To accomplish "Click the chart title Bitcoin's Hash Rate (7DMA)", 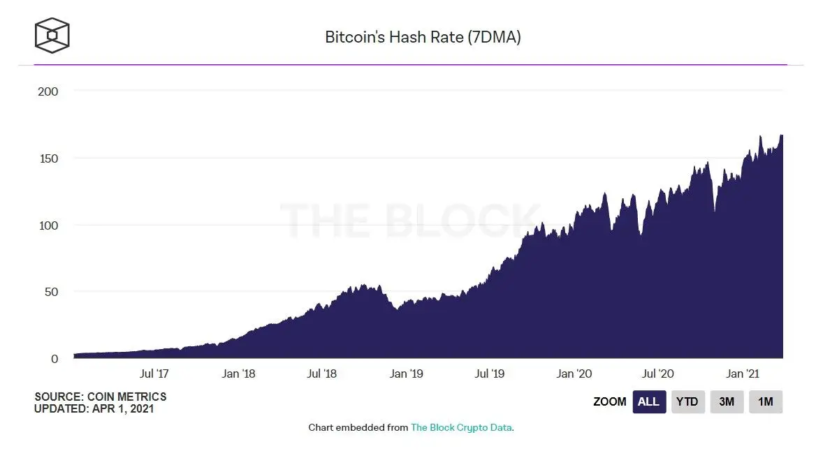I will (423, 37).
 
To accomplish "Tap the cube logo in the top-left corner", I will (52, 35).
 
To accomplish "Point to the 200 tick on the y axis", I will (48, 91).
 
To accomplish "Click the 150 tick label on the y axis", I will (48, 158).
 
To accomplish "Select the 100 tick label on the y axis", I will (48, 225).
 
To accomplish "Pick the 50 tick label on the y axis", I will (50, 292).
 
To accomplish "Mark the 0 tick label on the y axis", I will (54, 359).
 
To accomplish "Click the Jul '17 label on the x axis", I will (154, 374).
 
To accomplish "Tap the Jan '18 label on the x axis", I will (238, 374).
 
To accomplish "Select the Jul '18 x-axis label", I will (321, 374).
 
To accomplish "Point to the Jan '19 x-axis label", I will (407, 374).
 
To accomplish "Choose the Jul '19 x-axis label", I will (490, 374).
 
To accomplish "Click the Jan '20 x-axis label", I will (574, 374).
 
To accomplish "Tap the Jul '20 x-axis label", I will (657, 374).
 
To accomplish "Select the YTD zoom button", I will (688, 402).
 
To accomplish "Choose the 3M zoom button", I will (727, 402).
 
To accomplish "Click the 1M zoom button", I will (766, 402).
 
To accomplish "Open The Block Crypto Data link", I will (461, 427).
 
